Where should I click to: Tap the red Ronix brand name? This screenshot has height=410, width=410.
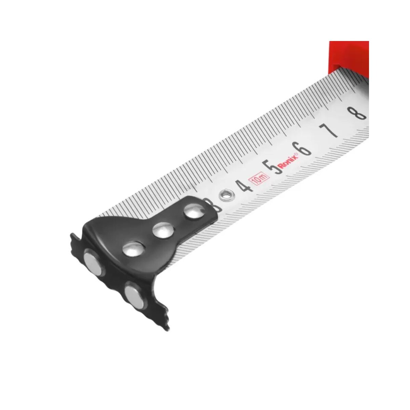pos(289,161)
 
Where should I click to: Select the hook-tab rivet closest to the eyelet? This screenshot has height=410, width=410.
pos(194,212)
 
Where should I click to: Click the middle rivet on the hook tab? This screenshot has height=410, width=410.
pos(163,230)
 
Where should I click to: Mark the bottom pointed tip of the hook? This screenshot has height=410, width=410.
pos(167,329)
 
